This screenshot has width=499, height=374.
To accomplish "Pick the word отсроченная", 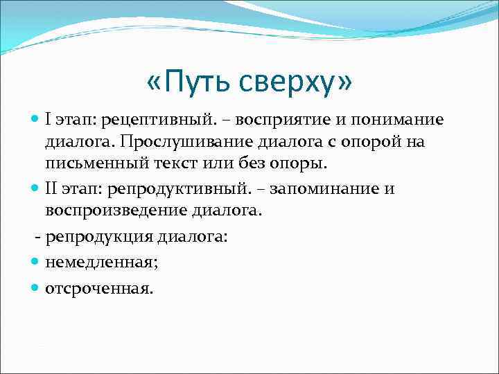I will coord(98,288).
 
